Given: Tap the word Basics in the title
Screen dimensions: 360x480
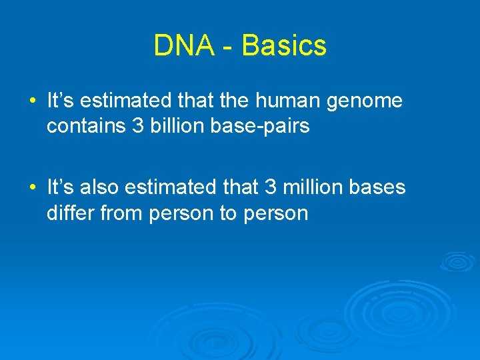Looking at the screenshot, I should point(284,46).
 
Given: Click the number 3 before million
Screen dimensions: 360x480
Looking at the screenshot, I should point(271,188).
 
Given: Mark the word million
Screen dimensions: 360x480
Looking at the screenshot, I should point(313,188).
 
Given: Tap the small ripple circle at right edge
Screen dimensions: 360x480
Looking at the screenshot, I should point(457,261).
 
